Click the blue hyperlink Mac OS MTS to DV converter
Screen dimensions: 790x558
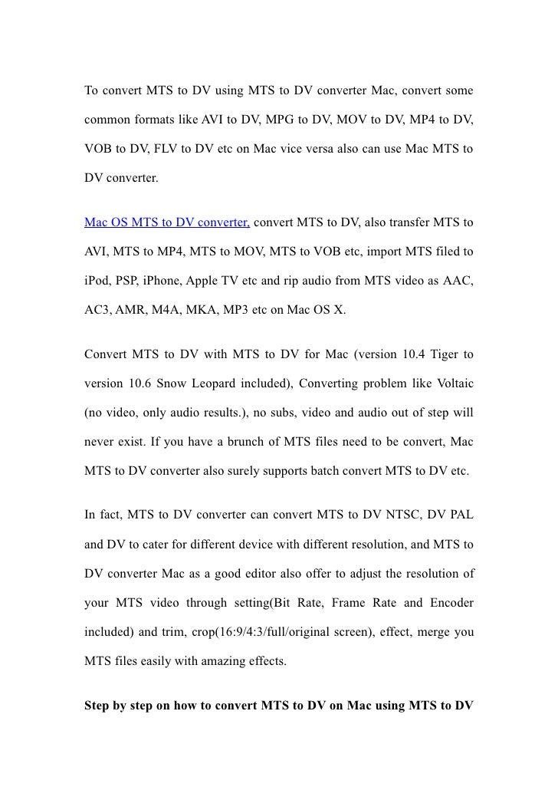(166, 223)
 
